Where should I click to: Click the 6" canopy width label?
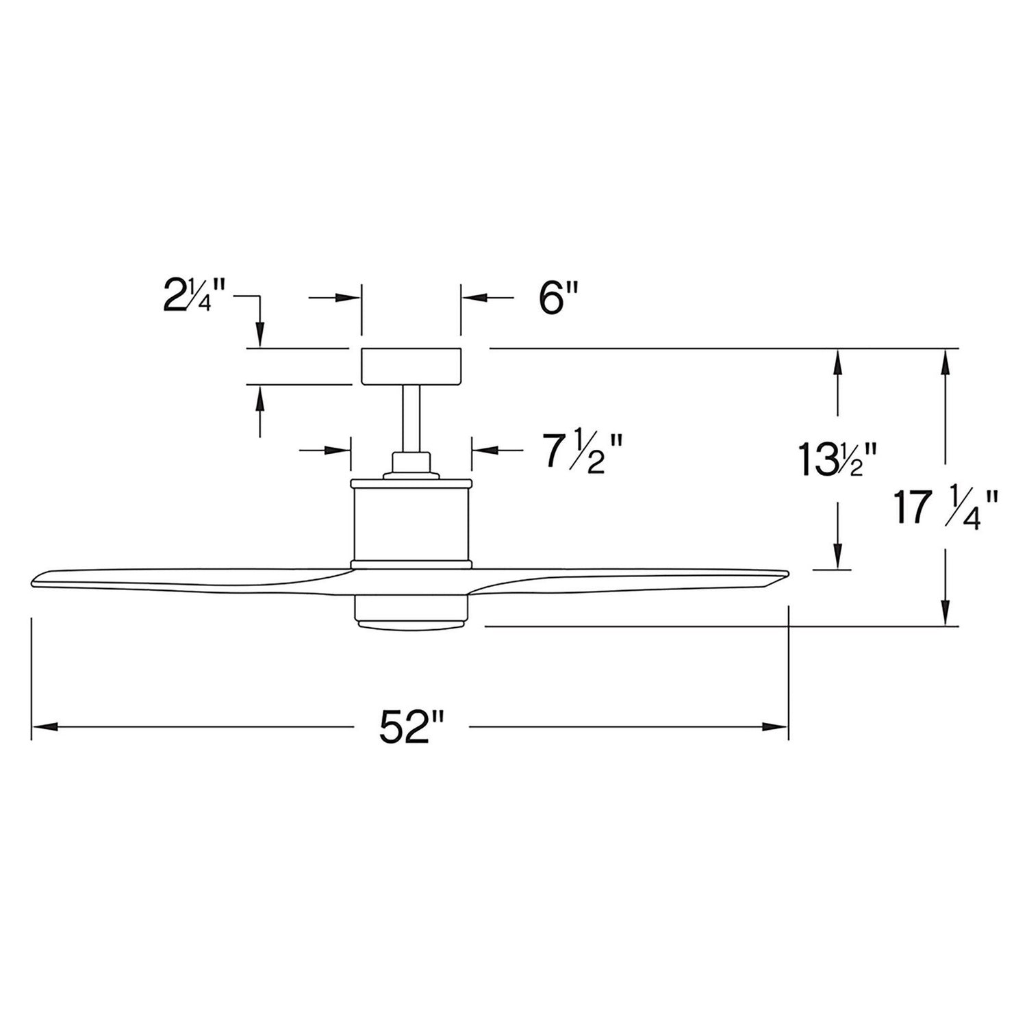coord(559,299)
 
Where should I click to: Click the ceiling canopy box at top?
coord(411,366)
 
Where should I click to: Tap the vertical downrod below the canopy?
coord(411,418)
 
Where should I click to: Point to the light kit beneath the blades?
coord(411,611)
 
